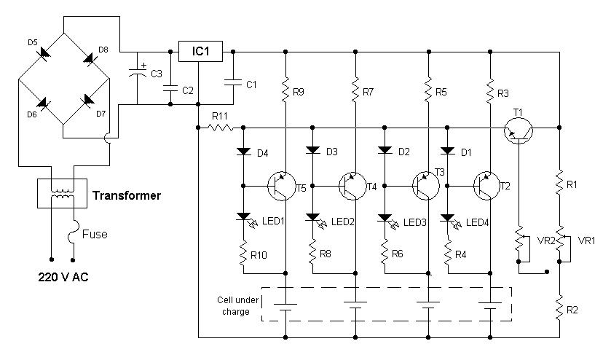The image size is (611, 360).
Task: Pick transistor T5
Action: (x=280, y=187)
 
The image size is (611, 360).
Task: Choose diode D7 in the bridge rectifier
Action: (x=90, y=99)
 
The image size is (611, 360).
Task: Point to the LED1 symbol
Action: (x=243, y=217)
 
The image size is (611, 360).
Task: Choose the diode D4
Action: (x=243, y=152)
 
